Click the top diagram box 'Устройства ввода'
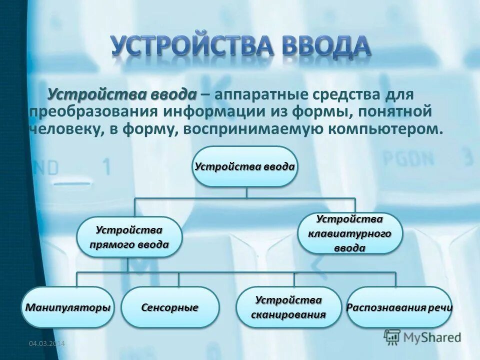[x=245, y=166]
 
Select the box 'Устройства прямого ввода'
[x=129, y=237]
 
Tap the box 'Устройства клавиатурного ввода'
[x=350, y=233]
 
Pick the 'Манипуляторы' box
[x=68, y=307]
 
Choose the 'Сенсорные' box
[x=170, y=307]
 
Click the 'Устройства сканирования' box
[x=288, y=307]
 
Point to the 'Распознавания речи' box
[x=399, y=307]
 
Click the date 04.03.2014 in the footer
[x=47, y=343]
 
